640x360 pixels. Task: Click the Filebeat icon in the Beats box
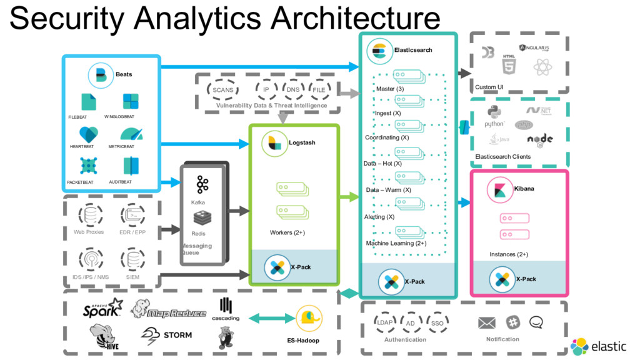pos(89,102)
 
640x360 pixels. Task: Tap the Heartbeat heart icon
pos(88,134)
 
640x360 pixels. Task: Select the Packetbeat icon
pos(89,166)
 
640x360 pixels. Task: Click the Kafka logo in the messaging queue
pos(202,184)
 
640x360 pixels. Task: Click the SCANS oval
pos(223,90)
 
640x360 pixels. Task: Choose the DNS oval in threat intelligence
pos(293,90)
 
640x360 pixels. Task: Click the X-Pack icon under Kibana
pos(501,279)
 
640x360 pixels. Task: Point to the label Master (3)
pos(390,89)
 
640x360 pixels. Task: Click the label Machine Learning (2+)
pos(396,243)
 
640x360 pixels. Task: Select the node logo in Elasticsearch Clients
pos(539,139)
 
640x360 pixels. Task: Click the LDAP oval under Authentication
pos(384,322)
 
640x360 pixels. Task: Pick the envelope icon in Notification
pos(486,323)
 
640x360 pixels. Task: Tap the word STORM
pos(177,335)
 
